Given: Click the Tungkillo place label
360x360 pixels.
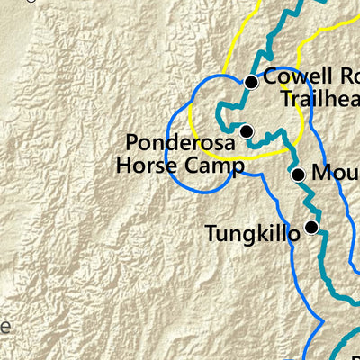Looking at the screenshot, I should [252, 234].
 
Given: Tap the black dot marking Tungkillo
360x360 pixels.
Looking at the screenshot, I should [311, 228].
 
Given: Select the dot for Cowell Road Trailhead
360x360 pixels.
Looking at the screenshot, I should [252, 82].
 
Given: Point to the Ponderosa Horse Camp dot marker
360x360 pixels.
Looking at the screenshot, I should [247, 132].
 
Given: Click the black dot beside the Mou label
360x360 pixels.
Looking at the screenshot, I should [299, 175].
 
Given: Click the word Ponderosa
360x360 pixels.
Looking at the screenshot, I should [180, 143].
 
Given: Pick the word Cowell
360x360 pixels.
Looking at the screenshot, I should [294, 80].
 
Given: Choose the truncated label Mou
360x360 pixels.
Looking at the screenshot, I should [335, 174].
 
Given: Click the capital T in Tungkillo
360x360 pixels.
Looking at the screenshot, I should [211, 234].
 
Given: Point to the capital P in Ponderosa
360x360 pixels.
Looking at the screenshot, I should [132, 143].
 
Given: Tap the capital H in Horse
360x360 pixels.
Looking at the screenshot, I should [122, 166].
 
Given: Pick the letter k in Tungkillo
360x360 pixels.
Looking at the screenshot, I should [261, 234].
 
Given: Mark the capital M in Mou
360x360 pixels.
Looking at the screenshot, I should [320, 174].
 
